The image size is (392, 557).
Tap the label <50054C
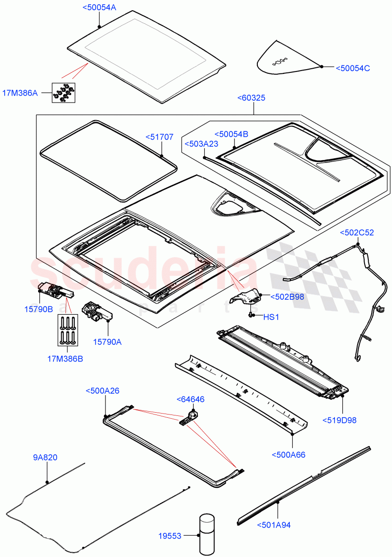(x=353, y=68)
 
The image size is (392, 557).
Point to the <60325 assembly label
(x=251, y=98)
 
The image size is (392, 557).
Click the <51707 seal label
(x=159, y=137)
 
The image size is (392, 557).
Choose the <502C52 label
(x=357, y=233)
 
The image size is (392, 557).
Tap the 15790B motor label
(x=39, y=309)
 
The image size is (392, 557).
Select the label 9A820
(x=45, y=458)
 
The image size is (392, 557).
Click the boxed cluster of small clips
(x=65, y=92)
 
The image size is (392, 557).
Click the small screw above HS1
(x=251, y=315)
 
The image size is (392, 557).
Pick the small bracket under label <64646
(x=188, y=416)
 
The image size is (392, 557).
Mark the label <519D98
(x=340, y=421)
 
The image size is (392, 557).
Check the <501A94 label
(x=274, y=525)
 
